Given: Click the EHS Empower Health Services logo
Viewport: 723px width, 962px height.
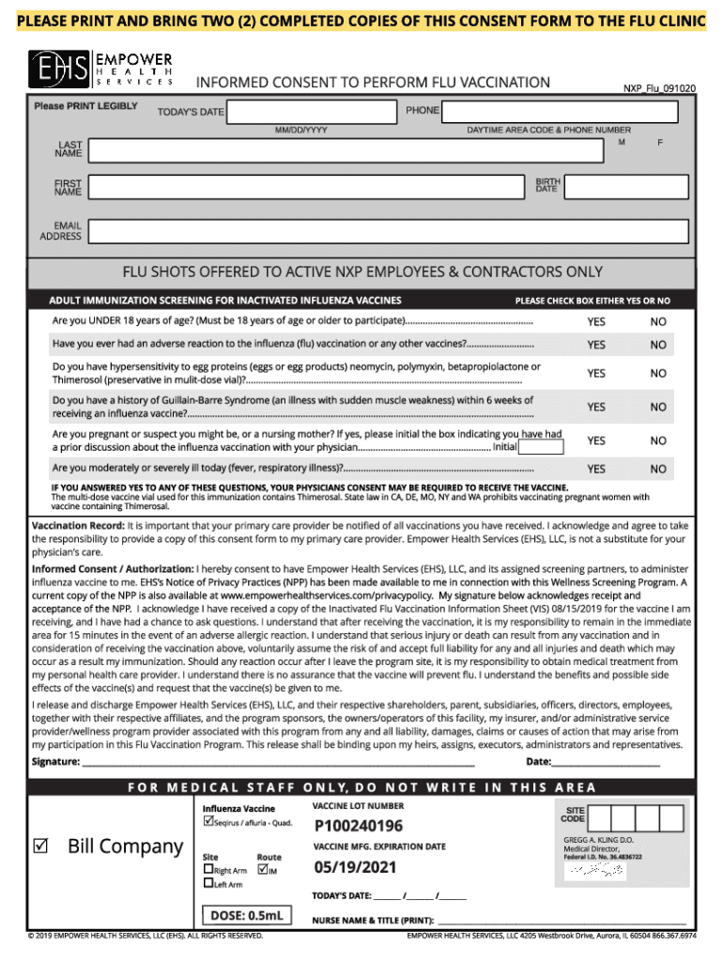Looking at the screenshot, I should pos(100,70).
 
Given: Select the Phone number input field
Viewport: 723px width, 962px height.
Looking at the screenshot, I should pos(560,111).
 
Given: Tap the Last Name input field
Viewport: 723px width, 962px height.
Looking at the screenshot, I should pos(346,150).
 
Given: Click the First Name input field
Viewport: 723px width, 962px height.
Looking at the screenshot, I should pos(304,185).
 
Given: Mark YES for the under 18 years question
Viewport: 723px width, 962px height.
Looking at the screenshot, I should pos(596,322).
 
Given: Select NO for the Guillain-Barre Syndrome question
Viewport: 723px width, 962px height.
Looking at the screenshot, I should pos(658,407).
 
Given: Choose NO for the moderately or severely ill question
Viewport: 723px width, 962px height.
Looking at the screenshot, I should pos(658,469).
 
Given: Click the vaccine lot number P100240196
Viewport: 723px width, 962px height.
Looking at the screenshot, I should pos(359,827).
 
